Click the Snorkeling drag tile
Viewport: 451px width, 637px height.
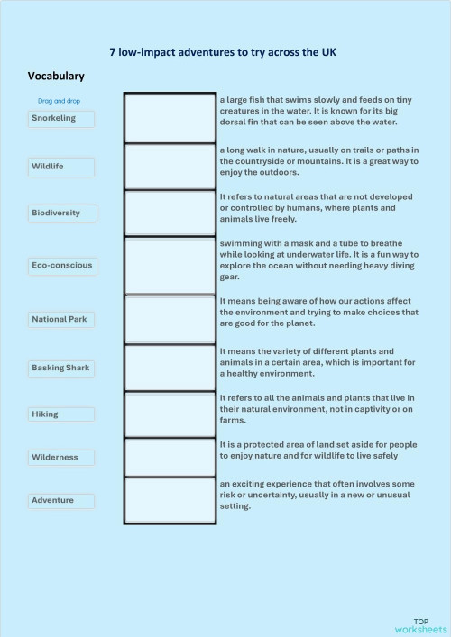60,118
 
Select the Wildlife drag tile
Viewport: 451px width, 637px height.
60,167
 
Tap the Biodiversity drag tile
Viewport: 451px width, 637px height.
60,213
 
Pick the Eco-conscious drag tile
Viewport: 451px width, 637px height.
60,265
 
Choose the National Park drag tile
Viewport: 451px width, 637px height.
60,319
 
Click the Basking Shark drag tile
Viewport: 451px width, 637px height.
60,368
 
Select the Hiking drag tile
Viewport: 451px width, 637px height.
60,414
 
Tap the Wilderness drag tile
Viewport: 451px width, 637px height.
60,457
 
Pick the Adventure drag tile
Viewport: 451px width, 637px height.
60,500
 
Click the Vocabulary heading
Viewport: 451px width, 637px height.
56,77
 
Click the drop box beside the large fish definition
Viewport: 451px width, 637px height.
169,117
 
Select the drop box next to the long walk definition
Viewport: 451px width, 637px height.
169,166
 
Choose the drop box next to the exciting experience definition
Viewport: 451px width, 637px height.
169,500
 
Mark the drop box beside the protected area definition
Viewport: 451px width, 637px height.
169,457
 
